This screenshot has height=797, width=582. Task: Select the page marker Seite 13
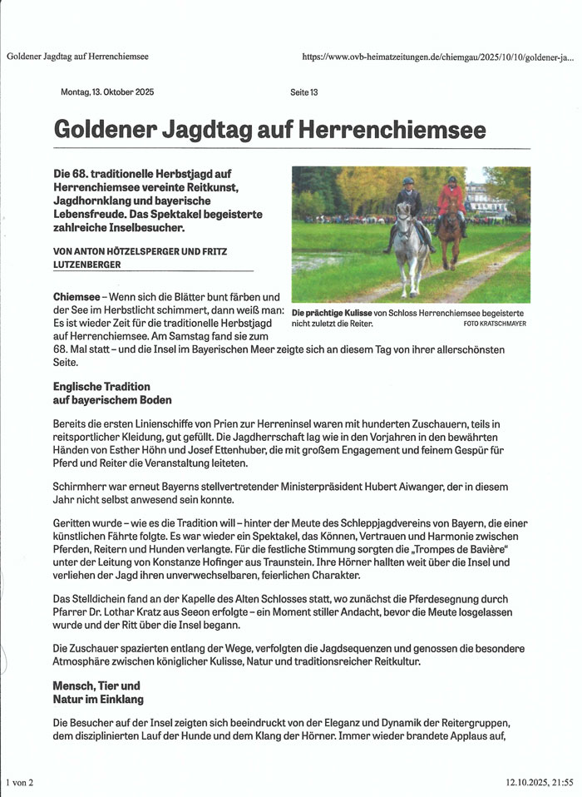[x=303, y=92]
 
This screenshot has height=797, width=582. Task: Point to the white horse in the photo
[x=410, y=246]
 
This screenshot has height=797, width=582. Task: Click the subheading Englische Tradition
[x=101, y=387]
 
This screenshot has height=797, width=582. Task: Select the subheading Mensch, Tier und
[x=96, y=686]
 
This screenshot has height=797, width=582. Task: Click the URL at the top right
[x=437, y=57]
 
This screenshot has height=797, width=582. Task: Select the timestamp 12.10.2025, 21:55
[x=540, y=782]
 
